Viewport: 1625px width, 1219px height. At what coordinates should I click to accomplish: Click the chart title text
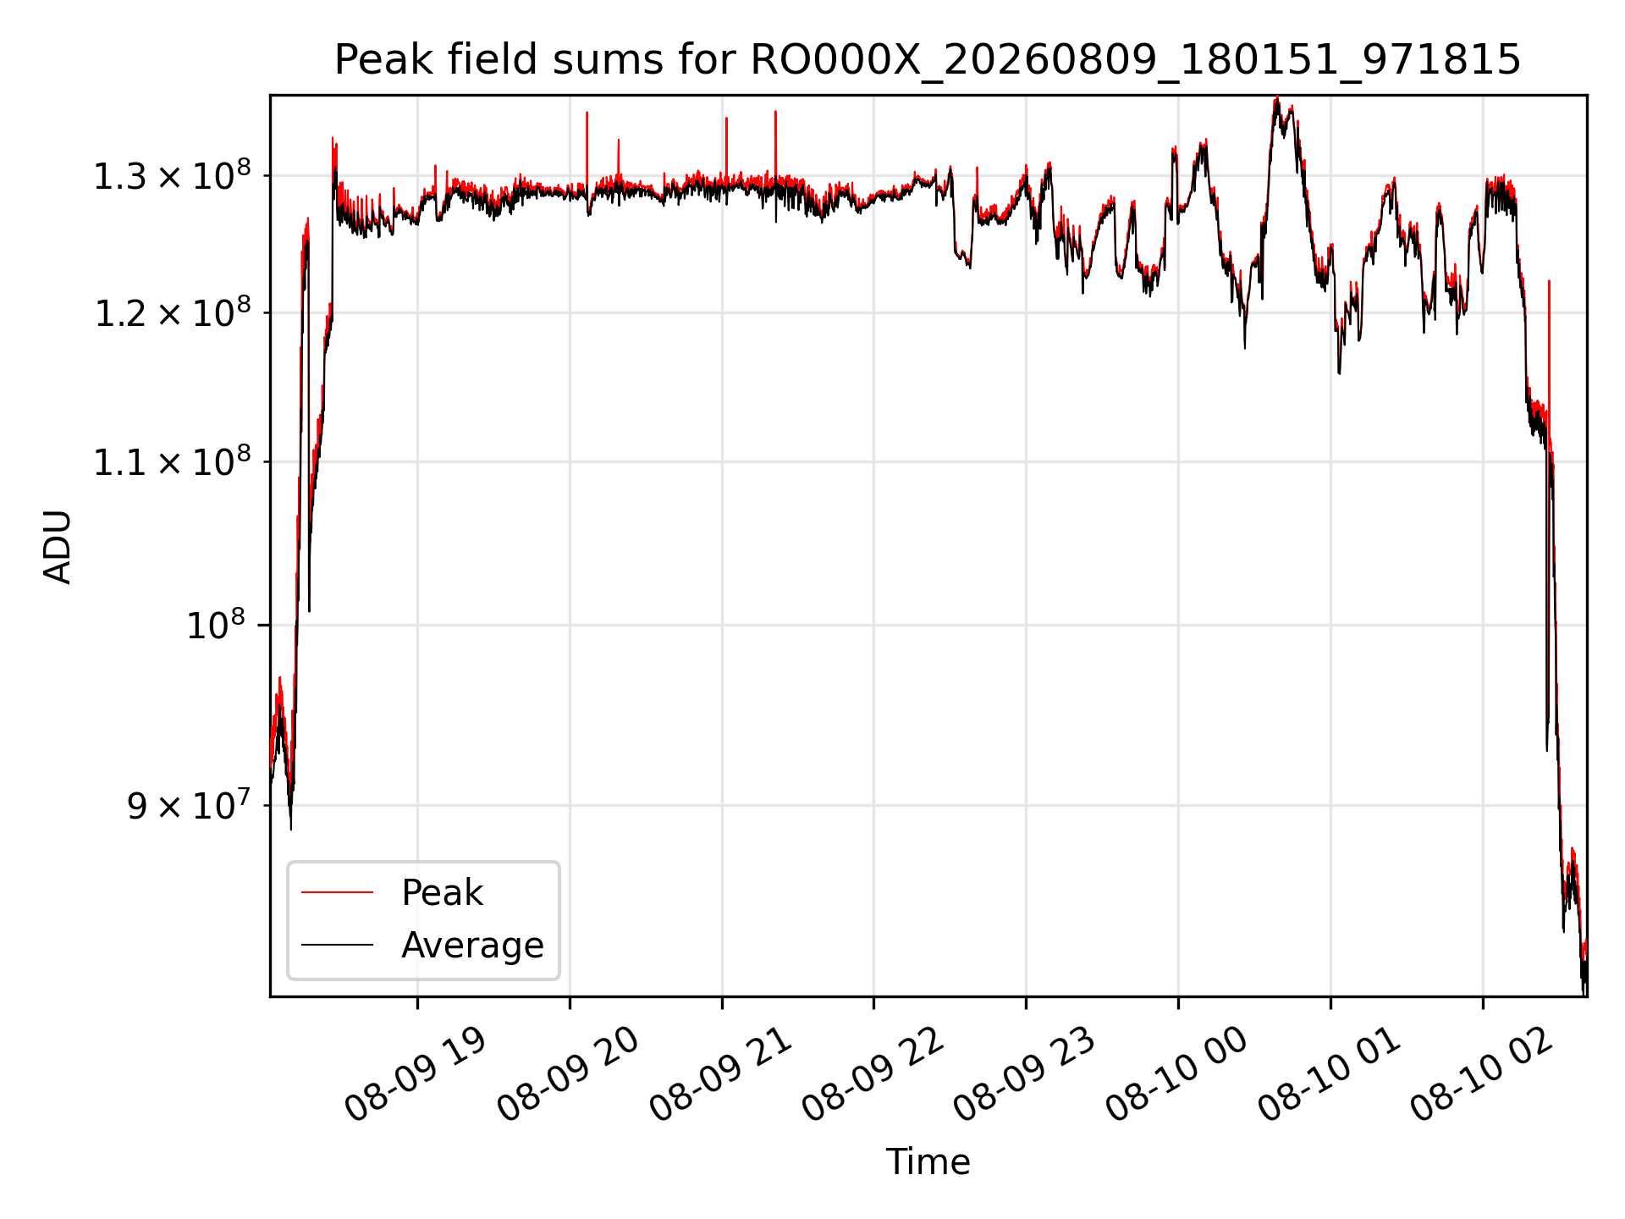pos(928,60)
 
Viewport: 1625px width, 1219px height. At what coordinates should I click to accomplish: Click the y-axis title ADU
pos(58,546)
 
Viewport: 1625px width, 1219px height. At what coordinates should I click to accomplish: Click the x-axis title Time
pos(928,1161)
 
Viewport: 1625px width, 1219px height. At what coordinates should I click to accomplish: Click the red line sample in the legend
pos(337,892)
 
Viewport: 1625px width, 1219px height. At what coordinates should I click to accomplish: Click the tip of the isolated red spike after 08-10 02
pos(1549,280)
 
